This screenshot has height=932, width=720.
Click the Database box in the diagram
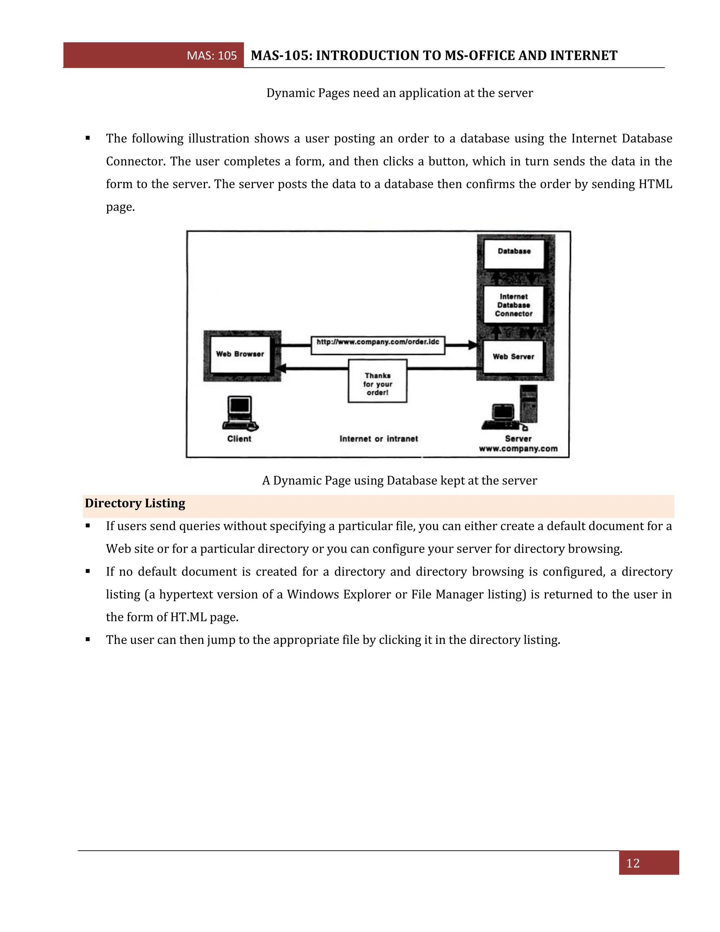pyautogui.click(x=514, y=254)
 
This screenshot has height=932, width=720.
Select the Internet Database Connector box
pyautogui.click(x=514, y=305)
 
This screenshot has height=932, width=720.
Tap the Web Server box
pyautogui.click(x=513, y=357)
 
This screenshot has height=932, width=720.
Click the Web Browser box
pyautogui.click(x=240, y=354)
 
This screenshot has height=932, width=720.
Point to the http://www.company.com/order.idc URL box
pyautogui.click(x=378, y=344)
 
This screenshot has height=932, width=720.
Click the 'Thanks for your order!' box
pyautogui.click(x=378, y=381)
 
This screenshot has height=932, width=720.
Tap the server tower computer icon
pyautogui.click(x=528, y=404)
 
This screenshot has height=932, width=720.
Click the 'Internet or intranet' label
pyautogui.click(x=378, y=439)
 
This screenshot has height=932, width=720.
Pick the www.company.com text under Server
pyautogui.click(x=518, y=448)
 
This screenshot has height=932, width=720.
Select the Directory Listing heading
pyautogui.click(x=135, y=503)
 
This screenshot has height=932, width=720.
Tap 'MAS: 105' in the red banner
pyautogui.click(x=212, y=56)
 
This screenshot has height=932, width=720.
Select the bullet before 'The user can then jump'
pyautogui.click(x=88, y=639)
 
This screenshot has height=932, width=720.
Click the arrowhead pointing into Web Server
pyautogui.click(x=472, y=345)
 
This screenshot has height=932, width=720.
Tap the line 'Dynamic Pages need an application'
pyautogui.click(x=399, y=93)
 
